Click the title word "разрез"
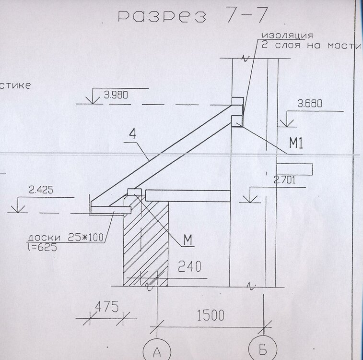(x=162, y=16)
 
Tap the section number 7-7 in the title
(x=247, y=15)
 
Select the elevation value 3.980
(x=116, y=95)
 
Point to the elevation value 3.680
(x=310, y=103)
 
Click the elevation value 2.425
(x=41, y=190)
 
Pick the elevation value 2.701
(x=284, y=180)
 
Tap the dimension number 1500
(x=211, y=315)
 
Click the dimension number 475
(x=107, y=307)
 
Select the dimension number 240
(x=189, y=266)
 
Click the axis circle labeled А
(x=157, y=350)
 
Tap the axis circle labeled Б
(x=263, y=349)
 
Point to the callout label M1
(x=296, y=143)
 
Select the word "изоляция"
(x=288, y=36)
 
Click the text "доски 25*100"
(x=66, y=238)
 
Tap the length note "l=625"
(x=42, y=248)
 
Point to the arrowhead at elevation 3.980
(x=93, y=100)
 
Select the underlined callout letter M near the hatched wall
(x=188, y=240)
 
